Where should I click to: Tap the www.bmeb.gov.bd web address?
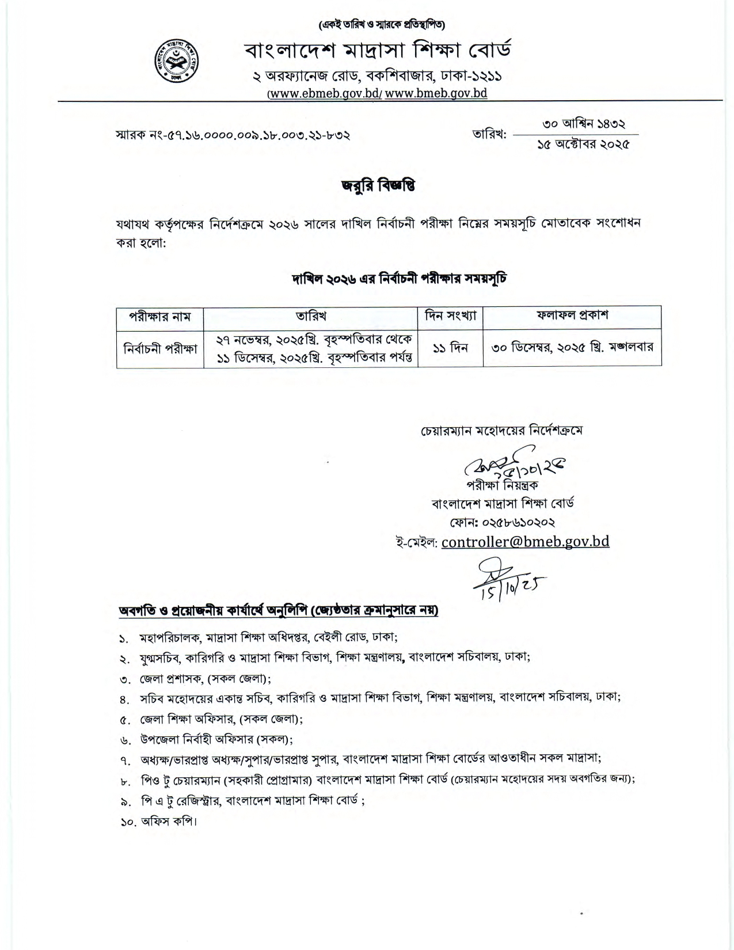coord(436,94)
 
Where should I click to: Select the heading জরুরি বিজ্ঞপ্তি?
coord(378,186)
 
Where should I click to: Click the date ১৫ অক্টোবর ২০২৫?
coord(583,144)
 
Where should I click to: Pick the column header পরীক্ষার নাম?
coord(159,316)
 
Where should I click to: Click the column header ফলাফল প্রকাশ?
coord(572,315)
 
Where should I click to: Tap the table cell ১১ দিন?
coord(450,348)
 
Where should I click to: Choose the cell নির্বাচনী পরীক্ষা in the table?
coord(160,348)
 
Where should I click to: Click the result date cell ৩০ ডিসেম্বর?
coord(572,348)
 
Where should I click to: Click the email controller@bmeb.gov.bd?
coord(525,541)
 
